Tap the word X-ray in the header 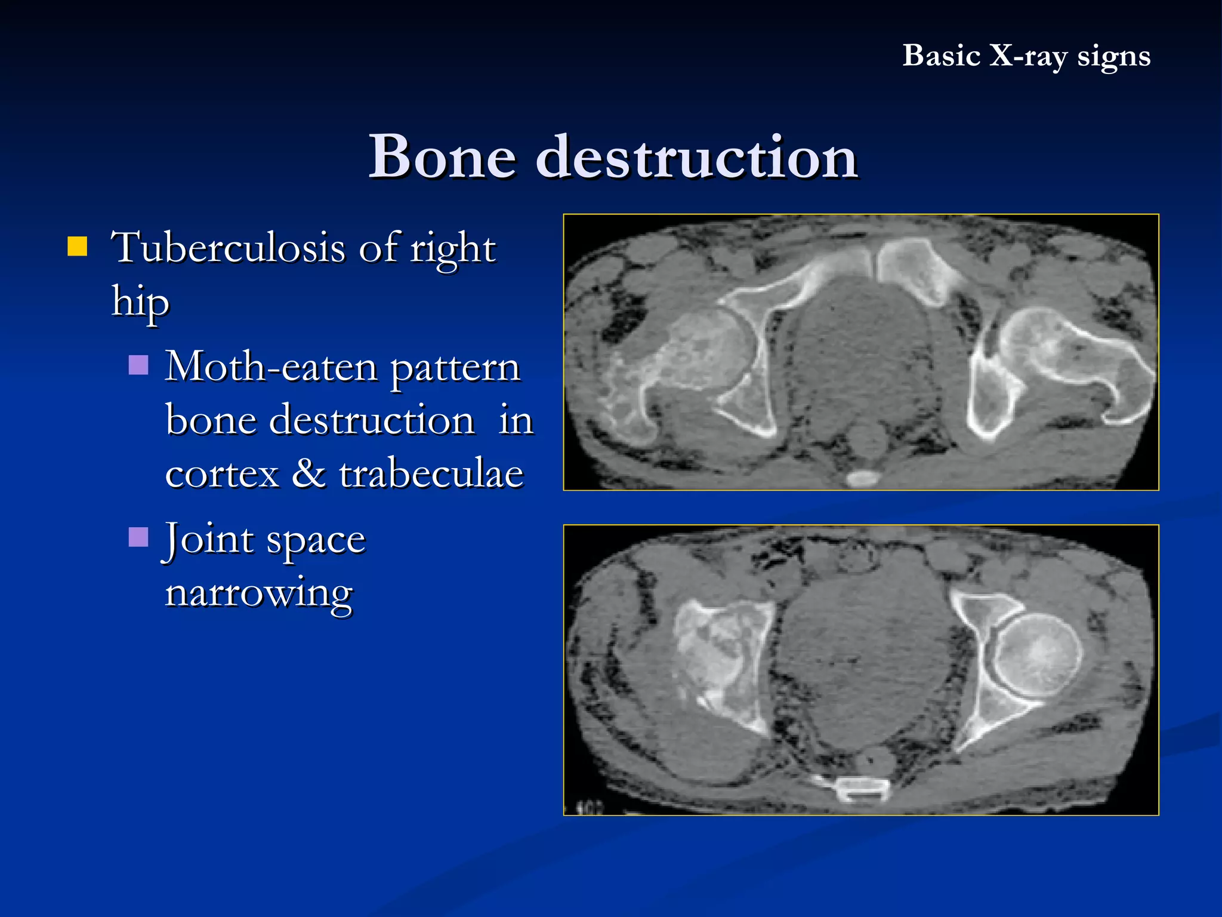(1027, 57)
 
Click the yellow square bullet (78, 247)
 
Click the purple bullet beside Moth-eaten (138, 365)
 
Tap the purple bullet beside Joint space (138, 537)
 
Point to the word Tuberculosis (228, 248)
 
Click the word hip (140, 302)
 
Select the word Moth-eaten (271, 367)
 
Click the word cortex (222, 474)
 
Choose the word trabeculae (431, 474)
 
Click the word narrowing (259, 593)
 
